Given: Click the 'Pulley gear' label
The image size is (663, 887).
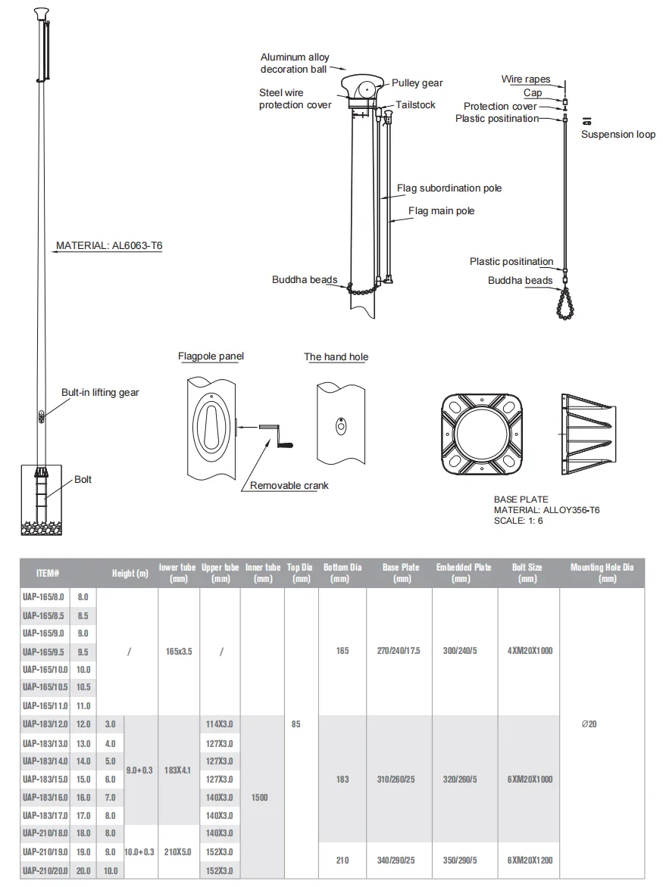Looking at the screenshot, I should [x=417, y=83].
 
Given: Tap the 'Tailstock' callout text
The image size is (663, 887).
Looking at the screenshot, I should [x=415, y=105].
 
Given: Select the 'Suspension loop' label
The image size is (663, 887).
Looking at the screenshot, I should [x=618, y=135].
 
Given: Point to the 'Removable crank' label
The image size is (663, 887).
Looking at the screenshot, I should [x=289, y=486].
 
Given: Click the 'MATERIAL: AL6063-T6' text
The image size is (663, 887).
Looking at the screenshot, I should [x=109, y=246].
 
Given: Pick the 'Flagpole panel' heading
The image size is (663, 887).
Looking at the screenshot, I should [x=211, y=356].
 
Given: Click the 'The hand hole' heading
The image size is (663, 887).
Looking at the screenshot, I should [x=336, y=357].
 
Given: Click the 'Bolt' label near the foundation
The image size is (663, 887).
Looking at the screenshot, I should [x=83, y=480].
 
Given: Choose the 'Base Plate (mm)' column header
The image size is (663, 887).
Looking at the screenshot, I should [x=401, y=573].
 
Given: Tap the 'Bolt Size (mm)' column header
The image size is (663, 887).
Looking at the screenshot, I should [x=527, y=573].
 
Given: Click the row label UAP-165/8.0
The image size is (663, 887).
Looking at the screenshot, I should [x=45, y=597].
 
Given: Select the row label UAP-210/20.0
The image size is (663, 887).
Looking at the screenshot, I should [x=45, y=871].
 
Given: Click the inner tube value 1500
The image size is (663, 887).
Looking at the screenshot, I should [x=259, y=798].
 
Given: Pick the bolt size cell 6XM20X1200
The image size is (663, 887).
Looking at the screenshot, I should [x=530, y=861].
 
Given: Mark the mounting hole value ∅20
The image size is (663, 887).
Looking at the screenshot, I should [x=590, y=724].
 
